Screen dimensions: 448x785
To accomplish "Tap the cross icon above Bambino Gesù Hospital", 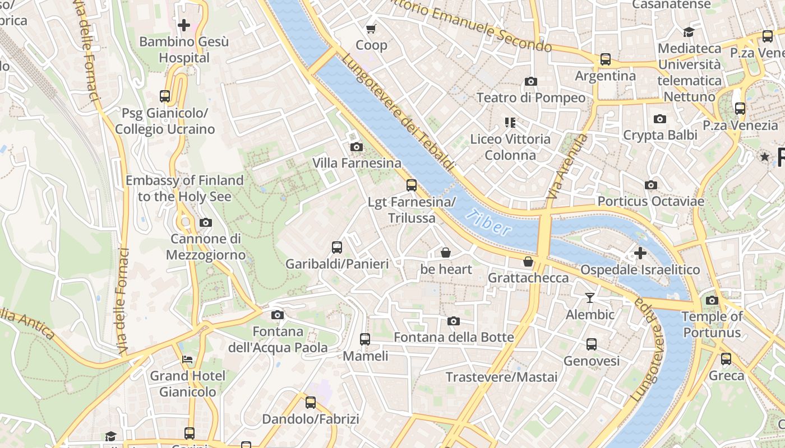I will (184, 25).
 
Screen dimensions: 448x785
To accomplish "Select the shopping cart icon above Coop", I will (371, 29).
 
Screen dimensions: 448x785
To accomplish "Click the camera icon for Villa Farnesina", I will (356, 147).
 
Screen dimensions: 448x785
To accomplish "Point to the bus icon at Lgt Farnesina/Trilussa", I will (412, 185).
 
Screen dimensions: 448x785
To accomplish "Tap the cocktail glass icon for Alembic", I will (589, 297).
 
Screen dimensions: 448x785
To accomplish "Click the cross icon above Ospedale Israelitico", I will (640, 253).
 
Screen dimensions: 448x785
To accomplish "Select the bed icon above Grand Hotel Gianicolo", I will (187, 359).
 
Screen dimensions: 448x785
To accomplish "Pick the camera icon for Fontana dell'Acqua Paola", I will (277, 315).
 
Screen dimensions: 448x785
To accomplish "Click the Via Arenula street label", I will (567, 166).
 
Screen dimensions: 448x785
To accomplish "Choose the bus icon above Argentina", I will (605, 59).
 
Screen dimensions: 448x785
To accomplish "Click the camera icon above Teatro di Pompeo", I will (530, 82).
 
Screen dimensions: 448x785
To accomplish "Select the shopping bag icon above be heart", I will (446, 253).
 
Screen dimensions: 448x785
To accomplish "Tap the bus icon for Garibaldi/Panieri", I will (336, 248).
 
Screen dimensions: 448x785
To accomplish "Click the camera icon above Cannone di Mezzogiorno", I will (206, 223).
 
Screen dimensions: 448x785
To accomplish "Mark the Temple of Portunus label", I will (712, 324).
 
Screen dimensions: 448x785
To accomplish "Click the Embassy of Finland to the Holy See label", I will (184, 188).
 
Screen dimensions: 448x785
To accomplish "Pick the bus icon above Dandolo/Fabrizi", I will (310, 403).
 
